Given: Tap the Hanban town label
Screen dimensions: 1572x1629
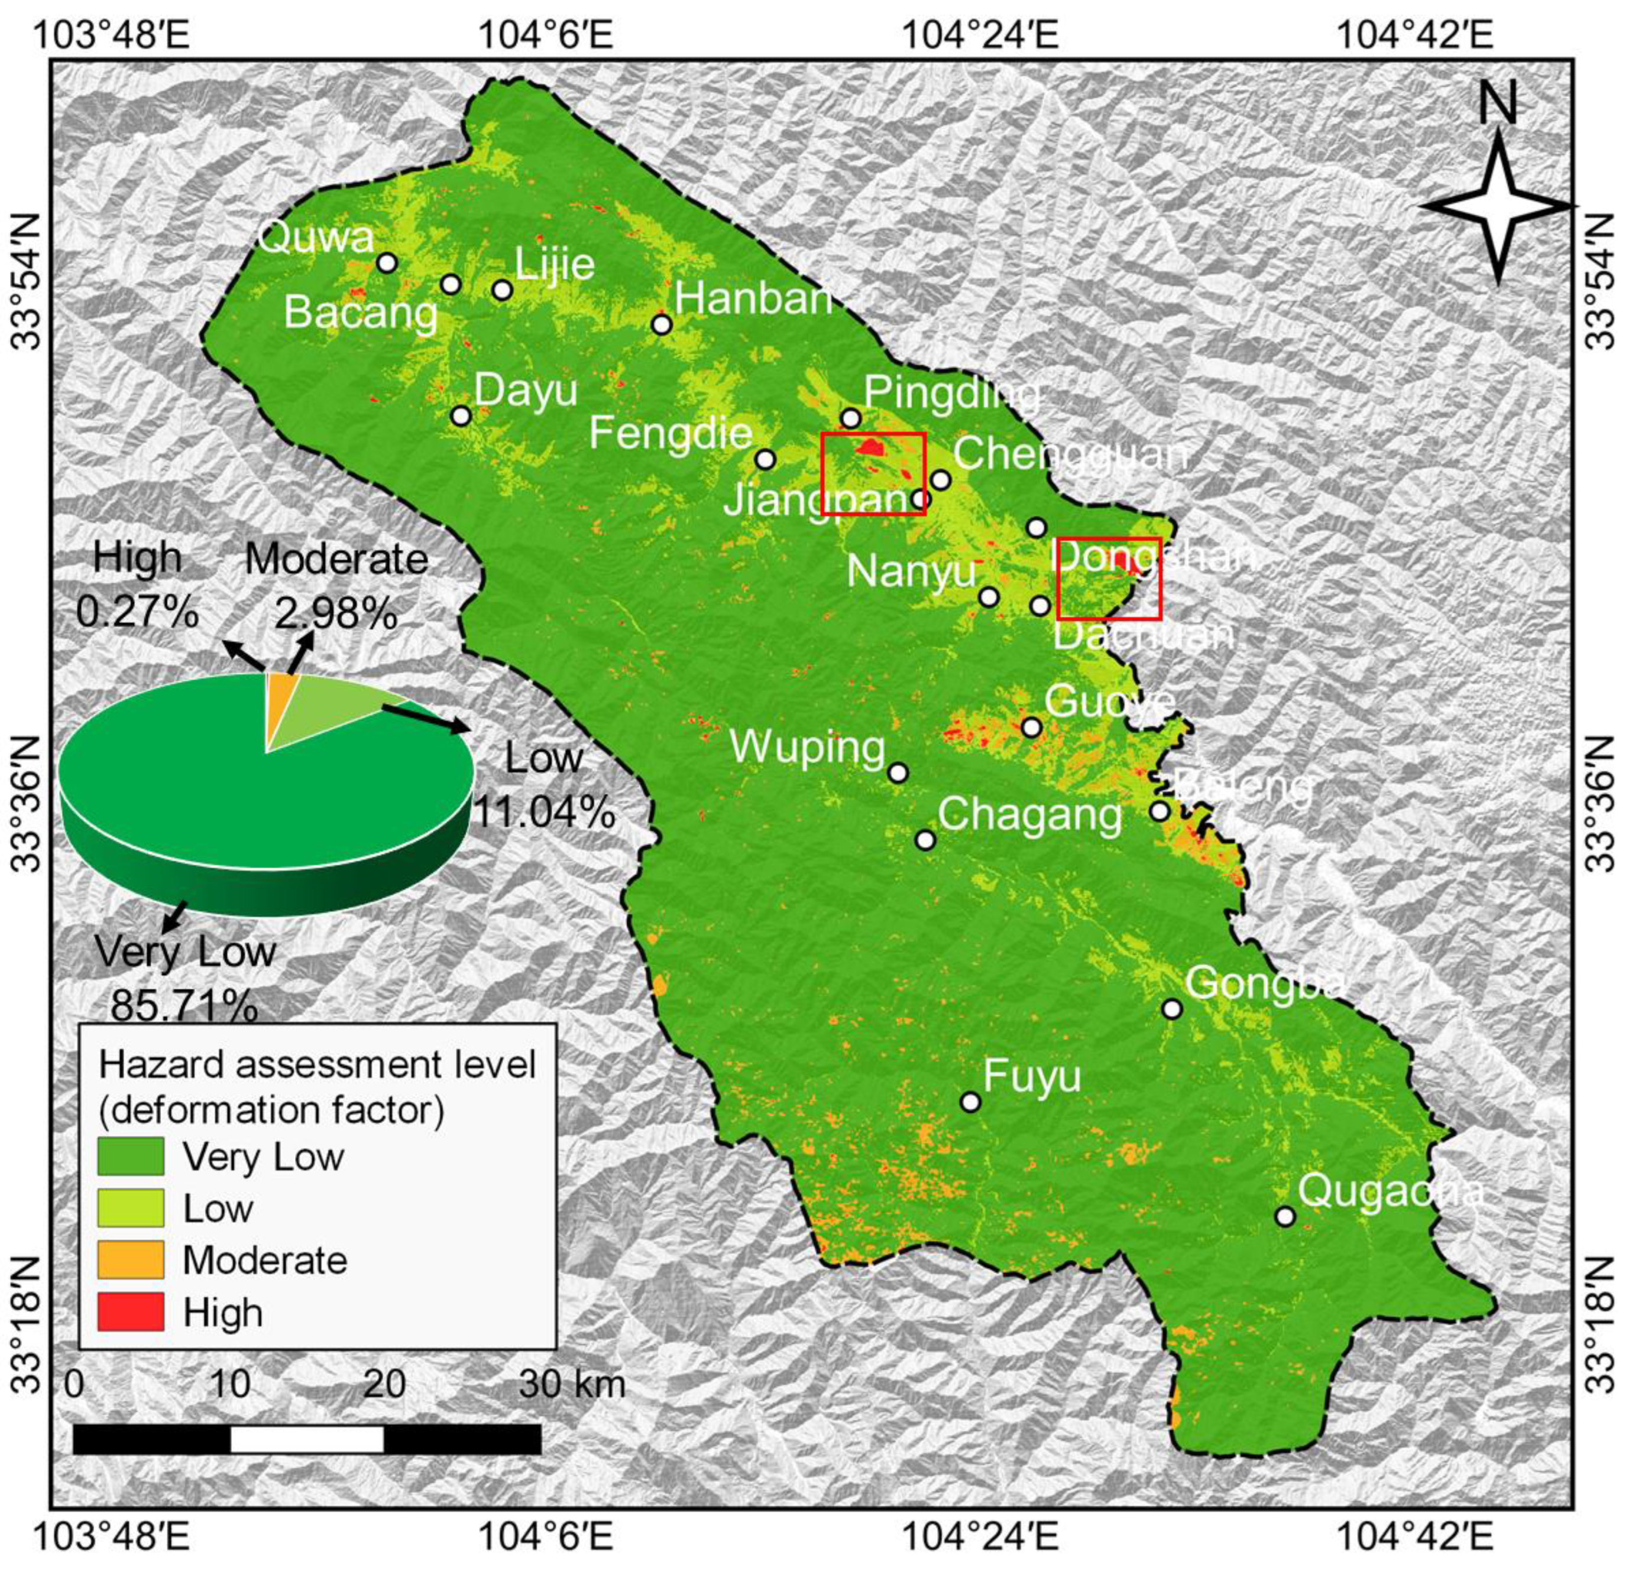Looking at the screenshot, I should (x=753, y=297).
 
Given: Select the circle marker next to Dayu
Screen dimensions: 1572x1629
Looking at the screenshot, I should (x=461, y=415).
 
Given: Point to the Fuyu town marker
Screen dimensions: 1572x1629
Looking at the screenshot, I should (x=970, y=1102).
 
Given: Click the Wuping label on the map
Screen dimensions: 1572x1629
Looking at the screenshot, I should (x=807, y=748).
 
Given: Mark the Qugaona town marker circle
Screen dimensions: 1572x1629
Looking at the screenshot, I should (x=1285, y=1216).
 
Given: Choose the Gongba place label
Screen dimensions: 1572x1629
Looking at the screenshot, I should (x=1264, y=983).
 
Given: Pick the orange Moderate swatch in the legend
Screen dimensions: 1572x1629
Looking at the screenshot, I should (x=131, y=1261).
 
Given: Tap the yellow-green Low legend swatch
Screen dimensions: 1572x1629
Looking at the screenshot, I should (x=131, y=1208).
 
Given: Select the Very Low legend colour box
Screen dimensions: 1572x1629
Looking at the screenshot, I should (x=131, y=1157).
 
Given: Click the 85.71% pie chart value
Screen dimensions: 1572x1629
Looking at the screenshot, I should (x=184, y=1007).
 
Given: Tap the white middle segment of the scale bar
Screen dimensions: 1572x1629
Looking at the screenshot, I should (x=307, y=1438).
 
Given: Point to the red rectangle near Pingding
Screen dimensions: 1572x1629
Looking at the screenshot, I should (x=873, y=473).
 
